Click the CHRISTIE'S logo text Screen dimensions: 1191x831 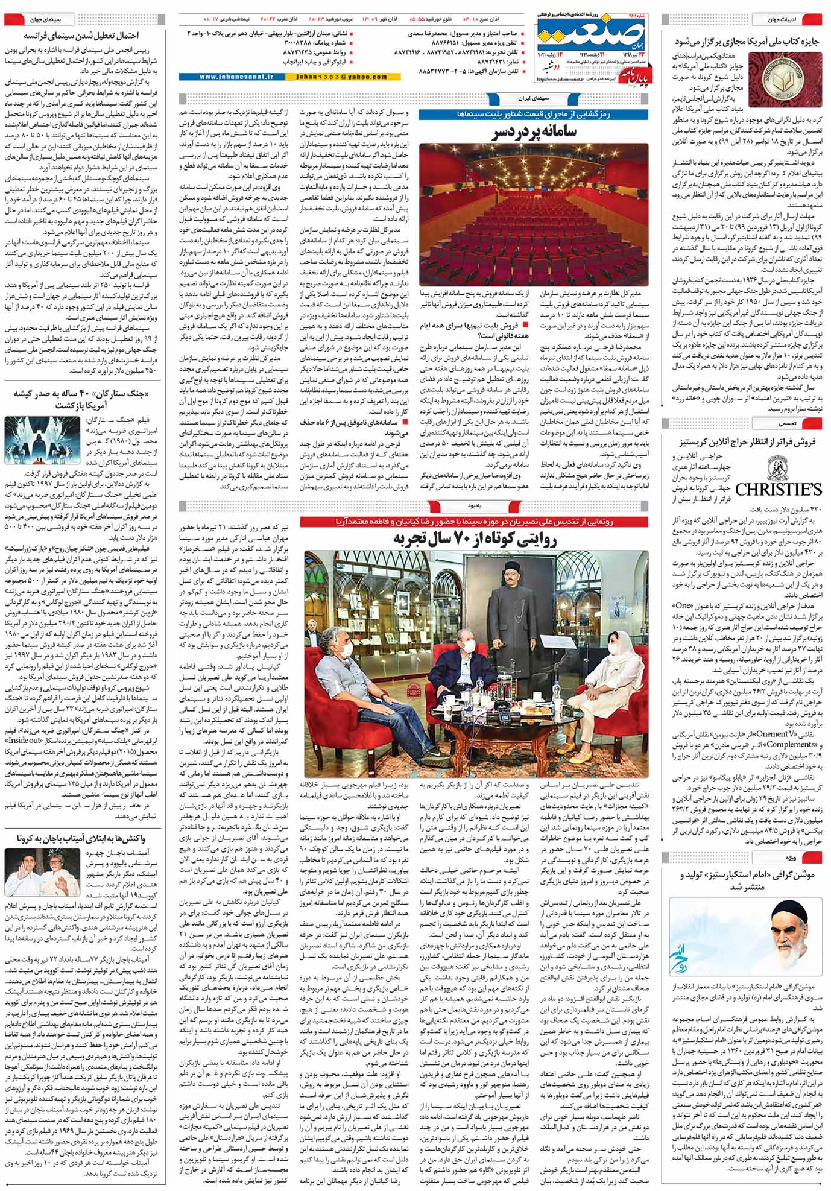[778, 488]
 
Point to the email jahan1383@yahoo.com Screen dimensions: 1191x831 [338, 77]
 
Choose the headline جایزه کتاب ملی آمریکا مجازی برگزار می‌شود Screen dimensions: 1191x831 [747, 42]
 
